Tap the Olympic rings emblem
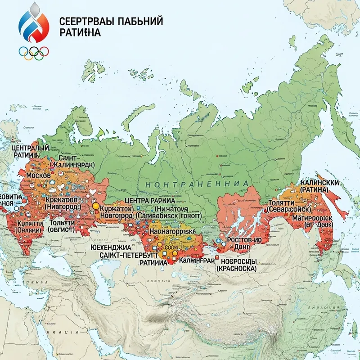pyautogui.click(x=34, y=53)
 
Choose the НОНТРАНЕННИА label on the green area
pyautogui.click(x=197, y=184)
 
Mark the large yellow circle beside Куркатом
pyautogui.click(x=95, y=206)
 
